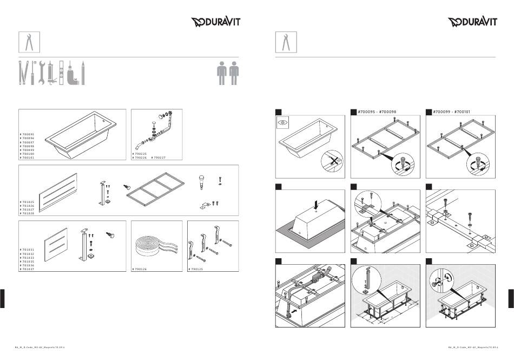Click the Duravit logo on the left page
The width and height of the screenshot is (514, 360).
tap(216, 22)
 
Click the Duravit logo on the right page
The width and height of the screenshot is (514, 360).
tap(472, 22)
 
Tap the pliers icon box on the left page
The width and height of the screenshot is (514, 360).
tap(30, 42)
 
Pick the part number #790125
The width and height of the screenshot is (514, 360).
tap(196, 269)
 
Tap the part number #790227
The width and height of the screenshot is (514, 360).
tap(159, 158)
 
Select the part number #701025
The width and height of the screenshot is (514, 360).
tap(28, 202)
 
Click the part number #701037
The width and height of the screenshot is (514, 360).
tap(28, 269)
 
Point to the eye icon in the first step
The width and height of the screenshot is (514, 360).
tap(282, 123)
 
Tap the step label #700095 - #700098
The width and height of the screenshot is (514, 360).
tap(377, 112)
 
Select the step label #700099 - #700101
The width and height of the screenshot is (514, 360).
tap(451, 112)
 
